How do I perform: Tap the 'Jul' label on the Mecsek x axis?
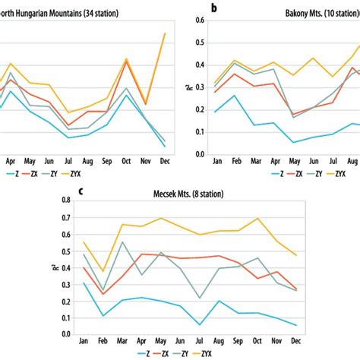200,341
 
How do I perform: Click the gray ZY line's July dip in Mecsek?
200,298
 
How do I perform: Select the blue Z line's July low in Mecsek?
200,324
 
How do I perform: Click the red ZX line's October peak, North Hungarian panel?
126,59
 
